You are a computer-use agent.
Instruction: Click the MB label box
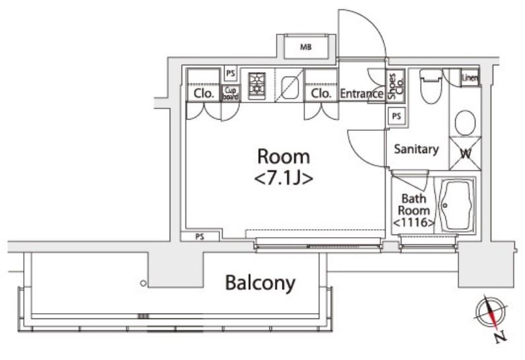306,48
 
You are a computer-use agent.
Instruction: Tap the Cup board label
230,94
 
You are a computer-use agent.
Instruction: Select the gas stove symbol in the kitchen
256,85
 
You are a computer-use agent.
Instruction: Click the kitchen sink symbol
289,86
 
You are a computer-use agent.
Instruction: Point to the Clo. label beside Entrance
321,94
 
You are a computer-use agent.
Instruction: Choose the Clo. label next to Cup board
204,94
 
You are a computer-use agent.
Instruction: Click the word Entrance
361,94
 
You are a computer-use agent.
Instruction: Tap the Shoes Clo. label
392,85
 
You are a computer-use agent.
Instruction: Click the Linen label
470,77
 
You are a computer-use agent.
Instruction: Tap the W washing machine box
465,154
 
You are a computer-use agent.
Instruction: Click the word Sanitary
416,149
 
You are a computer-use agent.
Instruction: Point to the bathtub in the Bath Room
456,205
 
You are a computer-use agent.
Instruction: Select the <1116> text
414,223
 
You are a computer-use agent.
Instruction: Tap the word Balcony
260,283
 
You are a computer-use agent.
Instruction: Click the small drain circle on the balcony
143,283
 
